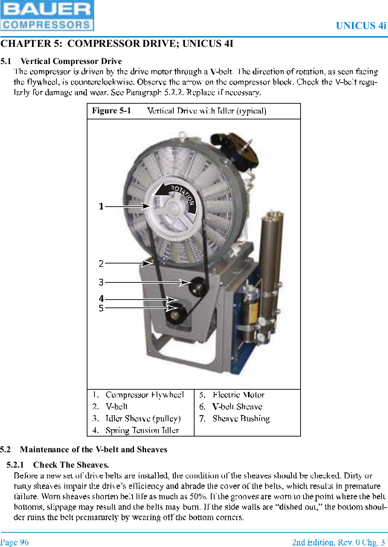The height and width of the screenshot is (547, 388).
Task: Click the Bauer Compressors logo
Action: (x=47, y=15)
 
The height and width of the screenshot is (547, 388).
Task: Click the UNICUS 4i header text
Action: (x=361, y=26)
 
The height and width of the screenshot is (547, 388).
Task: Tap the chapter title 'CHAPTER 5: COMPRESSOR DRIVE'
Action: (x=117, y=44)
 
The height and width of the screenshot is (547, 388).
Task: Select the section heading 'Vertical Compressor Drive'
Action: (x=71, y=61)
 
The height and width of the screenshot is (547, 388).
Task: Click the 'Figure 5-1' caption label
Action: (x=111, y=111)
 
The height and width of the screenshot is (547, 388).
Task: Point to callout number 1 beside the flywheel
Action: (x=101, y=206)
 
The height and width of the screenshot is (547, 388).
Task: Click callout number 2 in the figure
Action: (x=101, y=263)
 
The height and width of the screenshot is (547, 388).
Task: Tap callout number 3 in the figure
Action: (x=101, y=282)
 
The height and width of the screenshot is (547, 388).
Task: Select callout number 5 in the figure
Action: (x=101, y=308)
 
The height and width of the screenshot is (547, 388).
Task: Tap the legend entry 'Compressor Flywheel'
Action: (x=145, y=395)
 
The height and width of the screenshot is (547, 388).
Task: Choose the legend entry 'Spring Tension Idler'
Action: (x=142, y=430)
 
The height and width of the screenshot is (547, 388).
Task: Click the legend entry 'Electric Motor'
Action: (x=238, y=395)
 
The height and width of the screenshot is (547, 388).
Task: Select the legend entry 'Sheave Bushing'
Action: (x=241, y=418)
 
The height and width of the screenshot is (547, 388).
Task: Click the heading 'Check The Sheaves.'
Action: (x=71, y=465)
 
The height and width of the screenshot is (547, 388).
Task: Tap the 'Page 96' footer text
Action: (x=15, y=542)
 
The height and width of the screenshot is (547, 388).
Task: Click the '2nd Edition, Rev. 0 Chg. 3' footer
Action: (x=338, y=542)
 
